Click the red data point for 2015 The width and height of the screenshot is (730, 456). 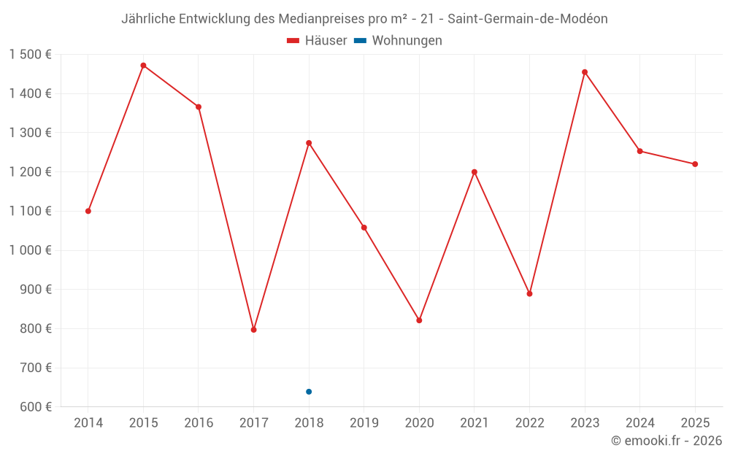tap(143, 66)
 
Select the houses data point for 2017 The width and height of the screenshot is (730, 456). tap(253, 330)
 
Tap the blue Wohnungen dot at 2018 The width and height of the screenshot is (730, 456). tap(309, 392)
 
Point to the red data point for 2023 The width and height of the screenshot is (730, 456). tap(585, 72)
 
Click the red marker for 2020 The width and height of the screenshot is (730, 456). tap(419, 320)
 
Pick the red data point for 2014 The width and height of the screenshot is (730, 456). tap(88, 211)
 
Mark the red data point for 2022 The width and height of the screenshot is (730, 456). tap(529, 294)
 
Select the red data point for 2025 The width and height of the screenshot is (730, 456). tap(695, 164)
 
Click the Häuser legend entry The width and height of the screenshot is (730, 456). tap(317, 41)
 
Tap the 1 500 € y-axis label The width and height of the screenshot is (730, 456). tap(31, 55)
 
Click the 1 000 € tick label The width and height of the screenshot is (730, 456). tap(31, 250)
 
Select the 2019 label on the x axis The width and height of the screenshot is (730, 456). tap(364, 423)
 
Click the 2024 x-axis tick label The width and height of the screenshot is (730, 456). tap(639, 423)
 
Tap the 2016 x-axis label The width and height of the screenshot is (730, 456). tap(199, 423)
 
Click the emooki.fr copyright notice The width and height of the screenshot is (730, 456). tap(666, 441)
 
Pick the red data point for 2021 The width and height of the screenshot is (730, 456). tap(474, 172)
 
